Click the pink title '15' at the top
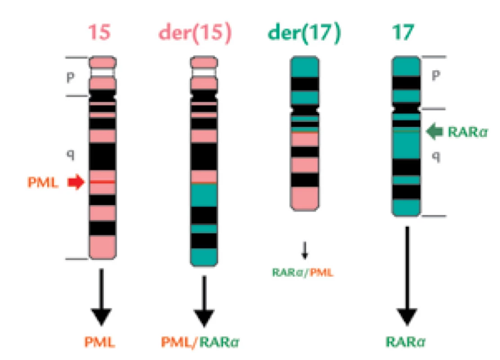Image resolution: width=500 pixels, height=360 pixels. point(99,32)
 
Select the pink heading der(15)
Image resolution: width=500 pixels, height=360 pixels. point(195,33)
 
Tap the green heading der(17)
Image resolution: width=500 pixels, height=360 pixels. point(304,33)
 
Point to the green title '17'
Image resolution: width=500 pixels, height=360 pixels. point(403,32)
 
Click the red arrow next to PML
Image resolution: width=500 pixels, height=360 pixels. point(76,182)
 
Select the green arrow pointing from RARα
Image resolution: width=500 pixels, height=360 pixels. point(434,131)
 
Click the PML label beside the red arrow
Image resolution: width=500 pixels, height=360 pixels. point(43,183)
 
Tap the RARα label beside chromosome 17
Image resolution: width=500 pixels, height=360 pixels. point(468,132)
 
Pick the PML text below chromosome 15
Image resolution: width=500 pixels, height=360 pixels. point(99,342)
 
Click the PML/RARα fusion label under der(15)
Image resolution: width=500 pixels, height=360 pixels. point(200,342)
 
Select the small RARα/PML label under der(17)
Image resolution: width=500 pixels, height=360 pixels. point(303,273)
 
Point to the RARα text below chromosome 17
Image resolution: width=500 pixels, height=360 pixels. point(406,342)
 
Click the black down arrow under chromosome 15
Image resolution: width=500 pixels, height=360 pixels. point(101,297)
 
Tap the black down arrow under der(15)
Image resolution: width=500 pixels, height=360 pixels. point(204,301)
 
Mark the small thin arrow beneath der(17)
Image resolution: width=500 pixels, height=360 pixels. point(305,251)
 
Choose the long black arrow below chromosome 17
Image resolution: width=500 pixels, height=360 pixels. point(407,276)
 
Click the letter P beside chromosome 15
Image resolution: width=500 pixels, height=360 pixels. point(71,77)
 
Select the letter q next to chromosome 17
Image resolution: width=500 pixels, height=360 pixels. point(436,156)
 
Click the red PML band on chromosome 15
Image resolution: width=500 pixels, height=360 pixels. point(103,182)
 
